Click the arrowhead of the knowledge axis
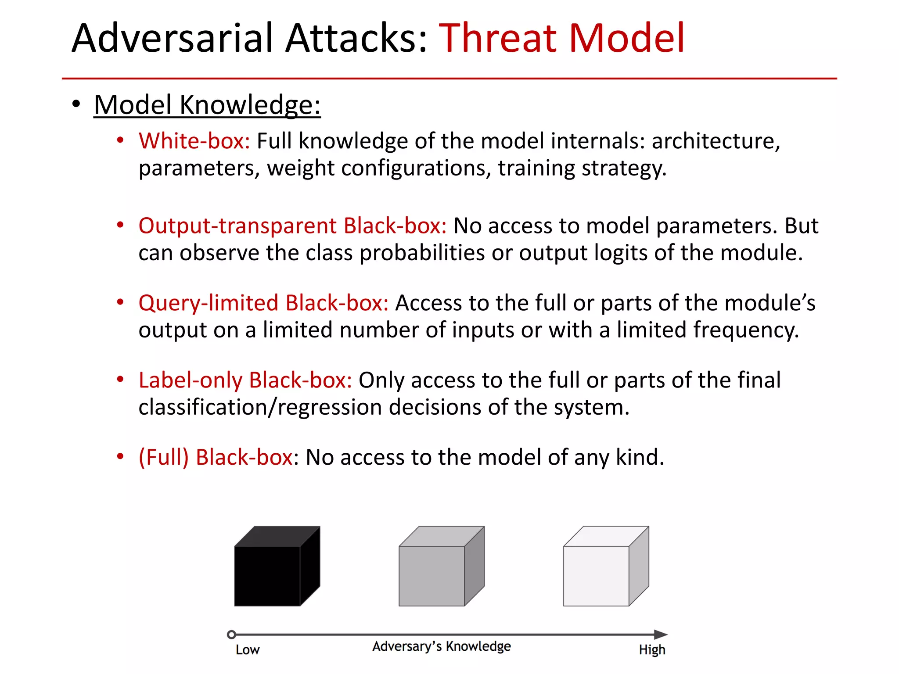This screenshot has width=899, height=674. click(x=660, y=635)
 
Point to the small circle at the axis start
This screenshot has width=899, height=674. click(x=232, y=635)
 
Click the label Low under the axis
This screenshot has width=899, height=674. click(x=248, y=650)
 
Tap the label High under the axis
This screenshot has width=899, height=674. click(x=652, y=650)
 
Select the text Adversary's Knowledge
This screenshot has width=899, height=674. click(x=442, y=646)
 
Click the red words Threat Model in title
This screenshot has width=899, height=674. click(x=561, y=38)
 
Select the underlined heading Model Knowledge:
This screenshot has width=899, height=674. click(x=207, y=105)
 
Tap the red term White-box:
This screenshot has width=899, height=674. click(x=194, y=141)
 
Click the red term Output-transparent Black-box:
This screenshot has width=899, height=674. click(x=292, y=226)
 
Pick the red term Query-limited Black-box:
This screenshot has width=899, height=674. click(x=263, y=303)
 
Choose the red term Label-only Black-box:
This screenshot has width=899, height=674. click(x=245, y=380)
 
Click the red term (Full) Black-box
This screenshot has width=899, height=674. click(x=216, y=457)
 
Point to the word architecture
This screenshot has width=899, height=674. click(x=716, y=141)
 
